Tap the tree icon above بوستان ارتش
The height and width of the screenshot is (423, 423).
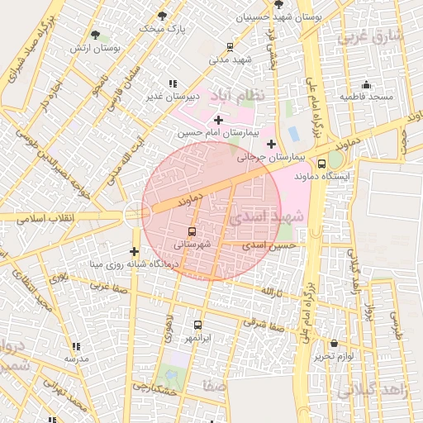pyautogui.click(x=96, y=35)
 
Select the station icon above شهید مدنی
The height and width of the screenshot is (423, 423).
pyautogui.click(x=230, y=47)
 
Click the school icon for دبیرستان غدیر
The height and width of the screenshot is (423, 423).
pyautogui.click(x=172, y=83)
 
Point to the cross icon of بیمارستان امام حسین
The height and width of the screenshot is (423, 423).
pyautogui.click(x=218, y=120)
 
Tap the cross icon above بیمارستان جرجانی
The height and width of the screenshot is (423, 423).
pyautogui.click(x=271, y=144)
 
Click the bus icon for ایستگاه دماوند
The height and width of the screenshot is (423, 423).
pyautogui.click(x=321, y=164)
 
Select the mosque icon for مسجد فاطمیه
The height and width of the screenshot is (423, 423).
pyautogui.click(x=367, y=84)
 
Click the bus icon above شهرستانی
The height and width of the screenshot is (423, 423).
pyautogui.click(x=192, y=232)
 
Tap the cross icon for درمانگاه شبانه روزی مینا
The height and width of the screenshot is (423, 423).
pyautogui.click(x=135, y=251)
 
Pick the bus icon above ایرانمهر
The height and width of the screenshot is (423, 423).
pyautogui.click(x=197, y=326)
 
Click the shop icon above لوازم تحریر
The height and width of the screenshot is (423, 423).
pyautogui.click(x=333, y=343)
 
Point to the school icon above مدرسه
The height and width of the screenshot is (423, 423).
pyautogui.click(x=76, y=346)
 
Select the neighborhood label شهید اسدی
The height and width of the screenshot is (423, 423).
pyautogui.click(x=267, y=217)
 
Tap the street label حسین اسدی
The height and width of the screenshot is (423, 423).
pyautogui.click(x=274, y=245)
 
